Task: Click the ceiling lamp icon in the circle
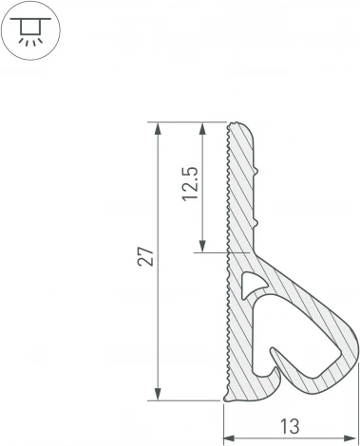31,31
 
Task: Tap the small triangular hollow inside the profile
252,284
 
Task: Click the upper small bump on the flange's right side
258,172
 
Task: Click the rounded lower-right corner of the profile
353,357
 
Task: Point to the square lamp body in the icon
31,28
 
